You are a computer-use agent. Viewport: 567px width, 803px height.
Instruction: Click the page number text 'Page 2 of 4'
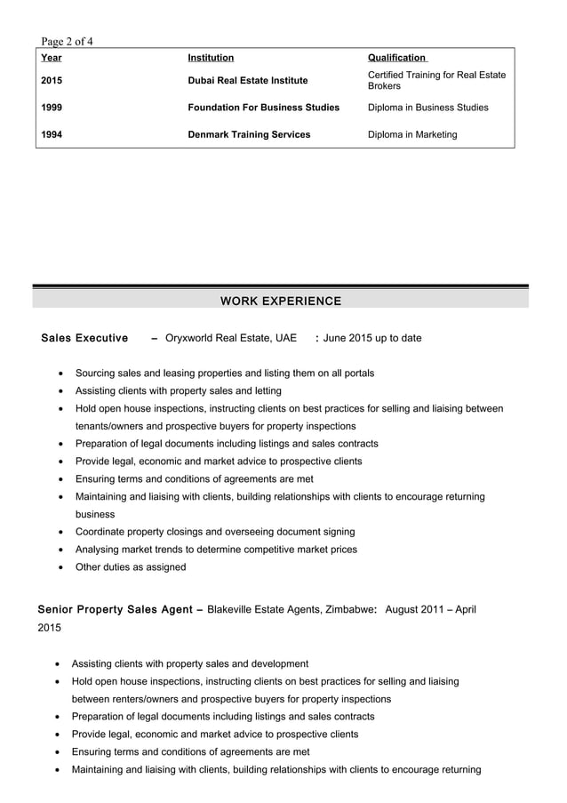click(x=68, y=41)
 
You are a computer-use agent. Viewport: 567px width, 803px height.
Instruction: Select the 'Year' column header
click(x=52, y=58)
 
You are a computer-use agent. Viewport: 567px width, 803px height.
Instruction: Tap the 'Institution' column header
click(x=211, y=58)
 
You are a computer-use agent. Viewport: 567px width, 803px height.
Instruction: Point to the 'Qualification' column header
click(x=396, y=58)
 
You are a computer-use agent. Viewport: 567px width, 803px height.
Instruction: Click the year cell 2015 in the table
click(x=52, y=81)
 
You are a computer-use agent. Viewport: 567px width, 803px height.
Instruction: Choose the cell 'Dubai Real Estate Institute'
click(x=248, y=81)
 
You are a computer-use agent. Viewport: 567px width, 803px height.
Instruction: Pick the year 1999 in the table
click(x=52, y=108)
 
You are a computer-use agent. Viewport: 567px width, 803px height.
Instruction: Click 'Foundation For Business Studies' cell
click(x=263, y=108)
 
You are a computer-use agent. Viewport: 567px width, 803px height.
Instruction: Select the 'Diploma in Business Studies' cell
click(x=427, y=108)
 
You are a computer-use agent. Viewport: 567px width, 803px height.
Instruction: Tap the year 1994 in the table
click(x=52, y=135)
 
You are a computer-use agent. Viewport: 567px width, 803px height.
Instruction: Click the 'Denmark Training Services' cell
click(x=249, y=135)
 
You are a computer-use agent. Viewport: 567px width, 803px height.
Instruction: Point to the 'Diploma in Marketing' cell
click(x=412, y=135)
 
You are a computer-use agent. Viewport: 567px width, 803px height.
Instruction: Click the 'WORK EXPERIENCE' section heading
click(x=280, y=301)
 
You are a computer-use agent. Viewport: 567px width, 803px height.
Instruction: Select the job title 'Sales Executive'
click(x=84, y=338)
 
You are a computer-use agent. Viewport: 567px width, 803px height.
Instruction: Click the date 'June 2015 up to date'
click(x=372, y=338)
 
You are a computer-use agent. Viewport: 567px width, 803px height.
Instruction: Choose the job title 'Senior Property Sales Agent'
click(x=115, y=610)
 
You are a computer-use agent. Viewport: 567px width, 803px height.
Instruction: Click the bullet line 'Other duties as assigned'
click(x=131, y=567)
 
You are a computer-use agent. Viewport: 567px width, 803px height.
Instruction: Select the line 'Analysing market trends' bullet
click(x=216, y=550)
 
